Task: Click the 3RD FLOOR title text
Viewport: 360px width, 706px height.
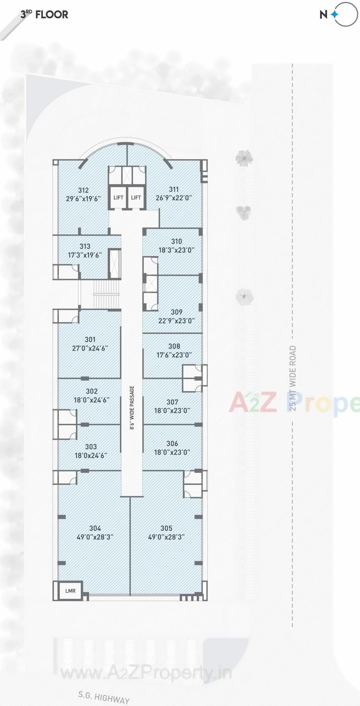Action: [44, 14]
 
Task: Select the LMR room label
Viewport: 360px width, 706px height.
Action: [70, 591]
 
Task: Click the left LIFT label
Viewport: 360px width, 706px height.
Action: [118, 198]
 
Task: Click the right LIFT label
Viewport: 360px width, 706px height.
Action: [136, 198]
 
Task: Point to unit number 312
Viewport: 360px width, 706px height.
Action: [83, 190]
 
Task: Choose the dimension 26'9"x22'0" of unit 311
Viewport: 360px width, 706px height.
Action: [174, 198]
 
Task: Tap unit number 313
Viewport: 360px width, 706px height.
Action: [85, 246]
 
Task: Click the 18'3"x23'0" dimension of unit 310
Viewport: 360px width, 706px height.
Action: [176, 250]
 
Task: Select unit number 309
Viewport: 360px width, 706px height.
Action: [177, 312]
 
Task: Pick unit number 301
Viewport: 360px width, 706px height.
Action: [90, 339]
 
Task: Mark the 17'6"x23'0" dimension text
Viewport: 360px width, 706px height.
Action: [174, 355]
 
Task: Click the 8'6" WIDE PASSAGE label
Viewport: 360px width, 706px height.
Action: [132, 407]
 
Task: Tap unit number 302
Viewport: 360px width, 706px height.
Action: [91, 391]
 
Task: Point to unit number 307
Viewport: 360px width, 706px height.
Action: [172, 402]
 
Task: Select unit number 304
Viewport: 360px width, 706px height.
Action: [95, 528]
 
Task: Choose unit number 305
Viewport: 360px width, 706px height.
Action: [166, 528]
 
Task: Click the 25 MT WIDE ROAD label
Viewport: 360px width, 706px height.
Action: [293, 378]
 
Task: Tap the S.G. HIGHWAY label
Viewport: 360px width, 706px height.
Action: [104, 697]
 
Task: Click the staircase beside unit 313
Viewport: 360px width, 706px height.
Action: [106, 294]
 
